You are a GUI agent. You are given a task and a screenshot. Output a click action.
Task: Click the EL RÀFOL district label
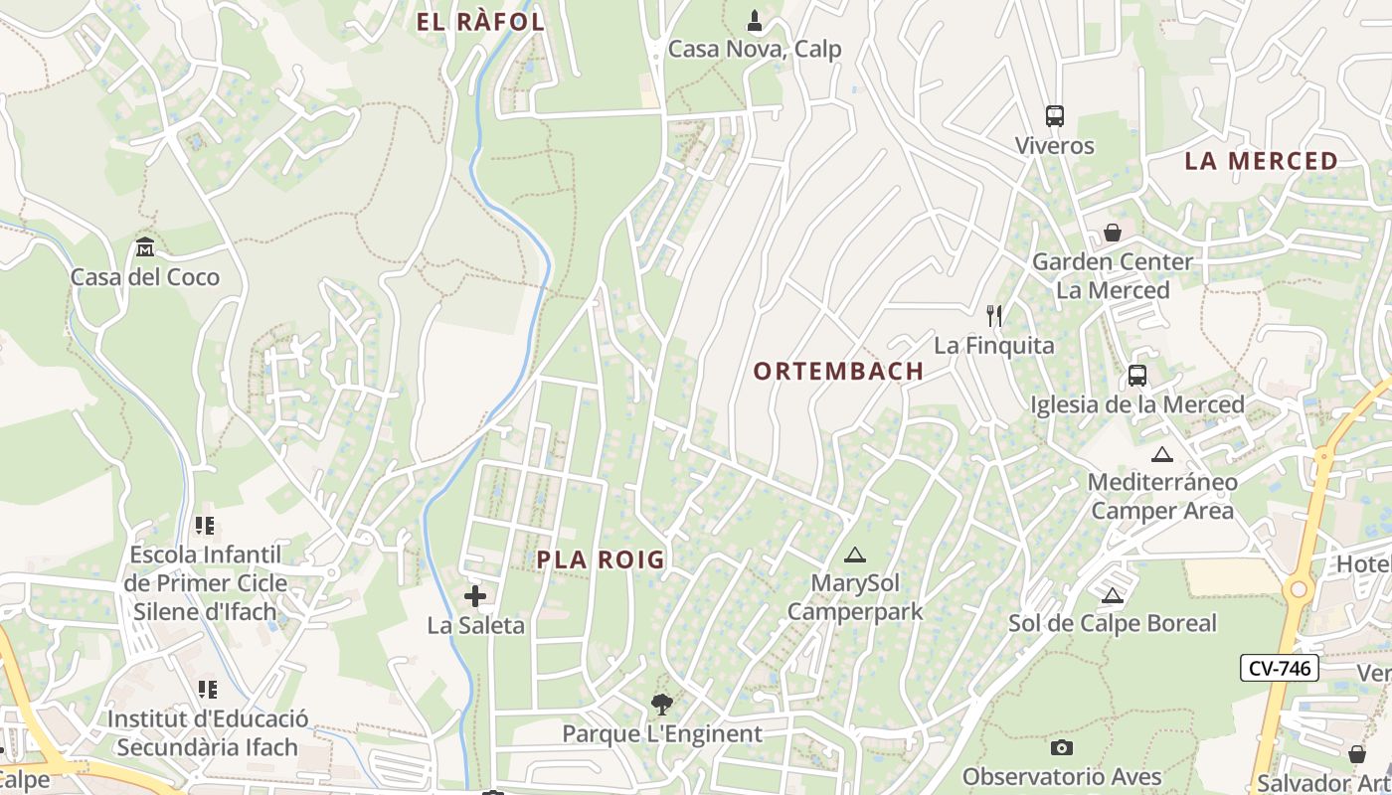tap(480, 22)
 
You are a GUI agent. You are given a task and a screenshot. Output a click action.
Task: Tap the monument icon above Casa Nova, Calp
tap(755, 20)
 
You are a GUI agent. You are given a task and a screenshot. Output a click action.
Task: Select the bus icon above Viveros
tap(1054, 116)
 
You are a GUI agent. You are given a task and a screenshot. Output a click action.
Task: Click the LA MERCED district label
tap(1261, 161)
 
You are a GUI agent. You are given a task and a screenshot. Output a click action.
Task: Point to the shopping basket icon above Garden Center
tap(1112, 233)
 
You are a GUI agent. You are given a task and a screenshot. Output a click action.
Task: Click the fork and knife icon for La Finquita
tap(993, 316)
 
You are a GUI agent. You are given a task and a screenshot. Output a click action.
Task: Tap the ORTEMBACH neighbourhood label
tap(838, 372)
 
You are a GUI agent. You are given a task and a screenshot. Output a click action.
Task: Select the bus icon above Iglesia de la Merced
tap(1136, 376)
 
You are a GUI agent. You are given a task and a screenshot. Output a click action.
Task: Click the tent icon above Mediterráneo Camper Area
tap(1161, 454)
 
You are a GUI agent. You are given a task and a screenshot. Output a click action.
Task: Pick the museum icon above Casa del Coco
tap(145, 246)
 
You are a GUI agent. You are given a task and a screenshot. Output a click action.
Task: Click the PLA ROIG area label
tap(601, 559)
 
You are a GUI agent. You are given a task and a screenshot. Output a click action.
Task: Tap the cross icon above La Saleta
tap(475, 596)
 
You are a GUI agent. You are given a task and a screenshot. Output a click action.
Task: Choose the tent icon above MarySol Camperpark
tap(854, 554)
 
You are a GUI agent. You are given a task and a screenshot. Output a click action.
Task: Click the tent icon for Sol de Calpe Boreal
tap(1112, 595)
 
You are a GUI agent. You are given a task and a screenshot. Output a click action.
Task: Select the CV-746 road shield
tap(1279, 668)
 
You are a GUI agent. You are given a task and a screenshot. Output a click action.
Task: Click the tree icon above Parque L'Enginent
tap(661, 705)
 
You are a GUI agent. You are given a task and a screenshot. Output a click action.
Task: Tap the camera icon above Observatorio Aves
tap(1061, 747)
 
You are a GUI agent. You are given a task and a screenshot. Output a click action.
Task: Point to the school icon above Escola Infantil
tap(205, 525)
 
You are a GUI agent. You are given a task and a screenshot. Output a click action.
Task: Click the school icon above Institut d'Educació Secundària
tap(207, 689)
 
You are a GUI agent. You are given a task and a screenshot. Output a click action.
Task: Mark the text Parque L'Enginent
tap(661, 734)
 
